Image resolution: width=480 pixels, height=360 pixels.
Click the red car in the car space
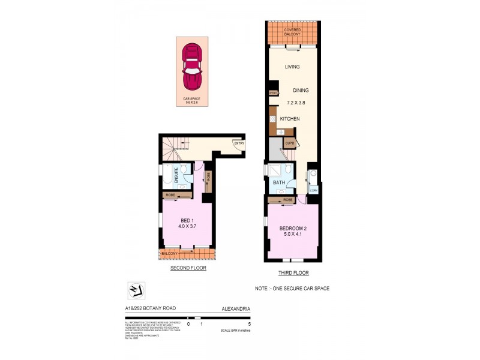[192, 66]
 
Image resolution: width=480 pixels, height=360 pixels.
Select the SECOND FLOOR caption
[188, 268]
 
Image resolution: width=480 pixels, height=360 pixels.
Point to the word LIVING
[292, 67]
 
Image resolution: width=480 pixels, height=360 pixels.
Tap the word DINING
[301, 91]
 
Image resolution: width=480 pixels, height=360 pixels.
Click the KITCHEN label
[289, 119]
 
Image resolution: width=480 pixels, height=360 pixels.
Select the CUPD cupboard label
[289, 143]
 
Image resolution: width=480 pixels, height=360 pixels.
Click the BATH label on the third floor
[278, 182]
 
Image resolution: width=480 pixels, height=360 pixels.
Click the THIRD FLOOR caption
[293, 273]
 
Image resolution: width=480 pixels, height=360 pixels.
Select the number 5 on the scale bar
[249, 324]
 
